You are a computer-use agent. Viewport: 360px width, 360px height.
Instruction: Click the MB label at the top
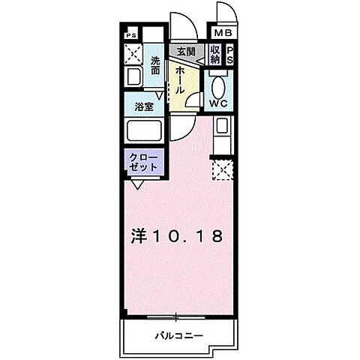coord(224,33)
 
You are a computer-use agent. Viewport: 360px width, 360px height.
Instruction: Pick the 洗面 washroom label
coord(155,65)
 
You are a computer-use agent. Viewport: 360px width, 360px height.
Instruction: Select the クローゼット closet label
coord(143,163)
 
